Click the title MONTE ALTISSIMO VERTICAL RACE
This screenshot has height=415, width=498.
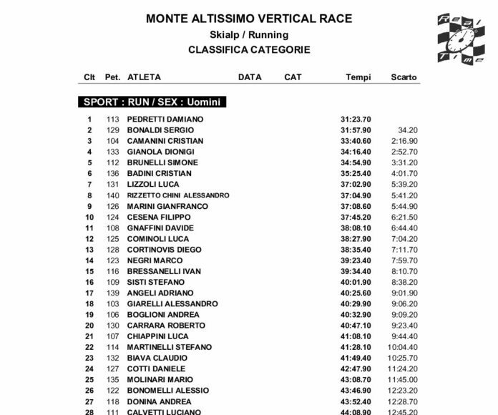pos(248,19)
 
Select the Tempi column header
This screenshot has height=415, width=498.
pos(356,77)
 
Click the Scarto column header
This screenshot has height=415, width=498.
pos(404,77)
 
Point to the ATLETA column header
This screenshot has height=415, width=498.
pos(144,77)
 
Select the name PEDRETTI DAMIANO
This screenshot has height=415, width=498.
pos(165,119)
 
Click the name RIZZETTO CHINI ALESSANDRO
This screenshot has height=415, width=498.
pos(177,195)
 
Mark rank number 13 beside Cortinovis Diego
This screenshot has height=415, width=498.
pos(89,250)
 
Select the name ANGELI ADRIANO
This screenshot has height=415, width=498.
pos(160,293)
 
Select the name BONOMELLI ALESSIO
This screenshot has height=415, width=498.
pos(167,391)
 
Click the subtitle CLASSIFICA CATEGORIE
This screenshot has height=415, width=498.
pos(248,50)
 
